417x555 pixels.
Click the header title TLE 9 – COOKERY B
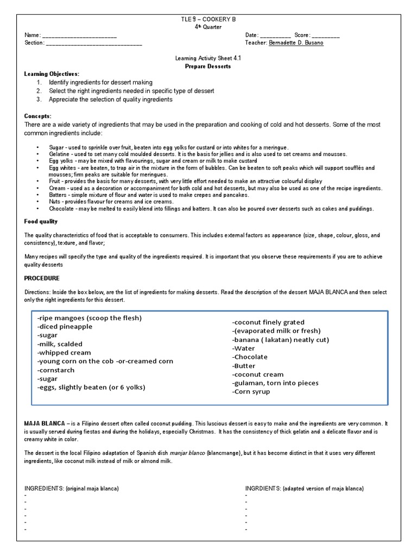pyautogui.click(x=208, y=19)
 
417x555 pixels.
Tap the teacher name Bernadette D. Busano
pyautogui.click(x=296, y=43)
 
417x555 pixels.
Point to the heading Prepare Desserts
pyautogui.click(x=208, y=66)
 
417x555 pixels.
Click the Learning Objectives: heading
pyautogui.click(x=52, y=74)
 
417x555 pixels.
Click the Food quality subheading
pyautogui.click(x=41, y=221)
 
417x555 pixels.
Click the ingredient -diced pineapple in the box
pyautogui.click(x=65, y=327)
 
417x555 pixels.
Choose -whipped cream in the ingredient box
pyautogui.click(x=64, y=353)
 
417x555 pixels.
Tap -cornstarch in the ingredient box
pyautogui.click(x=56, y=370)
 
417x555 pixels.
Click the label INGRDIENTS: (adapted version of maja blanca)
pyautogui.click(x=304, y=488)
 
